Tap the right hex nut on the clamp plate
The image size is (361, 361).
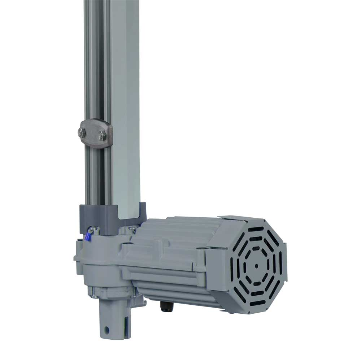point(102,136)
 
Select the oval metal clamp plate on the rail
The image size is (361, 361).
point(95,133)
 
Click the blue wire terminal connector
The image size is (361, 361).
point(87,237)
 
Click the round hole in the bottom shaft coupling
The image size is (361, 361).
point(107,329)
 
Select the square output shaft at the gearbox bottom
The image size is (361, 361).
point(113,318)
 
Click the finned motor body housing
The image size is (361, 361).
point(170,256)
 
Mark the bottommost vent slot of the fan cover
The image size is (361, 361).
point(257,303)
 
